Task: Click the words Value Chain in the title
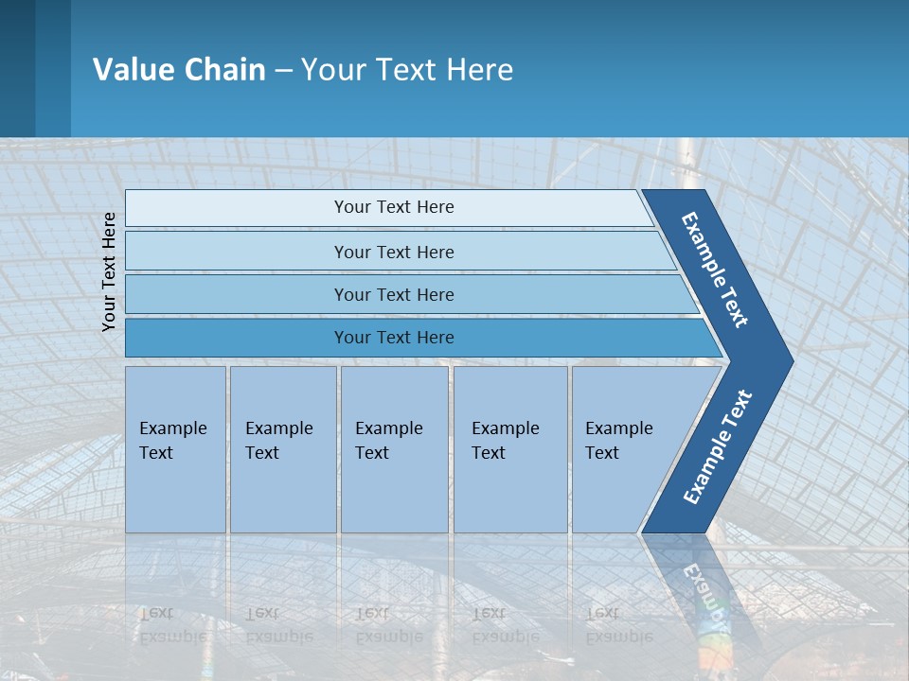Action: pyautogui.click(x=179, y=70)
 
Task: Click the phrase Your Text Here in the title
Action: pyautogui.click(x=407, y=70)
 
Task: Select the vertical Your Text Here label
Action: pyautogui.click(x=110, y=271)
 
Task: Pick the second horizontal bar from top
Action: pyautogui.click(x=393, y=252)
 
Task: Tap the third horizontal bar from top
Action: pyautogui.click(x=393, y=295)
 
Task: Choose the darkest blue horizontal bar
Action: pyautogui.click(x=393, y=338)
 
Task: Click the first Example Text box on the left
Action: pyautogui.click(x=175, y=448)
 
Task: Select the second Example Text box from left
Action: pyautogui.click(x=282, y=448)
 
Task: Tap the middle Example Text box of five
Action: pyautogui.click(x=394, y=448)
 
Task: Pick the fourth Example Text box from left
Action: pyautogui.click(x=509, y=448)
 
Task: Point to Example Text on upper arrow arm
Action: pyautogui.click(x=715, y=270)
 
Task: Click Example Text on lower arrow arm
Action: pyautogui.click(x=718, y=447)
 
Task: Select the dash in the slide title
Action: pyautogui.click(x=283, y=71)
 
